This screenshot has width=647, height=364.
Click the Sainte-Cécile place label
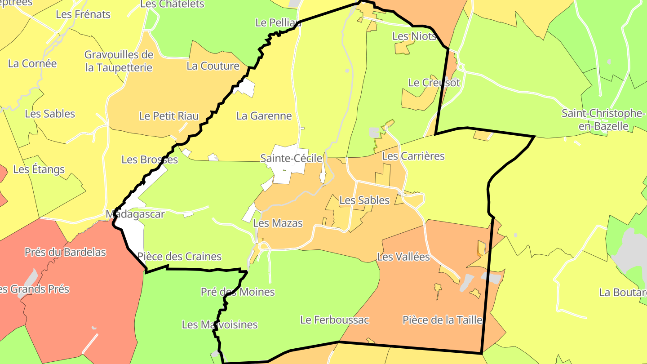[x=291, y=158]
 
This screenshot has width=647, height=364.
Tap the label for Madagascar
[x=135, y=214]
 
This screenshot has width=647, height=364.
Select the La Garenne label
[x=264, y=116]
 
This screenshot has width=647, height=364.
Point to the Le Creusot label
[x=434, y=83]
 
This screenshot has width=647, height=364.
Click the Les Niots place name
[x=414, y=36]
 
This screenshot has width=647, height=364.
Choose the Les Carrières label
[x=413, y=156]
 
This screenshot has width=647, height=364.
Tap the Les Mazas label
[x=278, y=223]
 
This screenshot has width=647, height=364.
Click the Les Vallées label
[x=403, y=257]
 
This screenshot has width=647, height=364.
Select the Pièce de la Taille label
[x=442, y=320]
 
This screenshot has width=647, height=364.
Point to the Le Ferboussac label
[x=334, y=320]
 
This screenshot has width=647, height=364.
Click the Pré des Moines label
[x=238, y=292]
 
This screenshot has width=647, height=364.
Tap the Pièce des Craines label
[x=179, y=257]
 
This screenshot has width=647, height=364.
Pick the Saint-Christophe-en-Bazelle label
[x=603, y=120]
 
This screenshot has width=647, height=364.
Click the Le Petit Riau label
[x=169, y=116]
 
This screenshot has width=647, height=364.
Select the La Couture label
[x=213, y=66]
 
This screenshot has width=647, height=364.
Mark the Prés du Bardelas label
[x=65, y=252]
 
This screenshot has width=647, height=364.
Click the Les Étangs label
[x=39, y=169]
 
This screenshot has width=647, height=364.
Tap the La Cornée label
[x=32, y=63]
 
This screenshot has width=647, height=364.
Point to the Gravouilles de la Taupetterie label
[x=119, y=61]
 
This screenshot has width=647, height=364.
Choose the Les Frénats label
[x=83, y=14]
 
